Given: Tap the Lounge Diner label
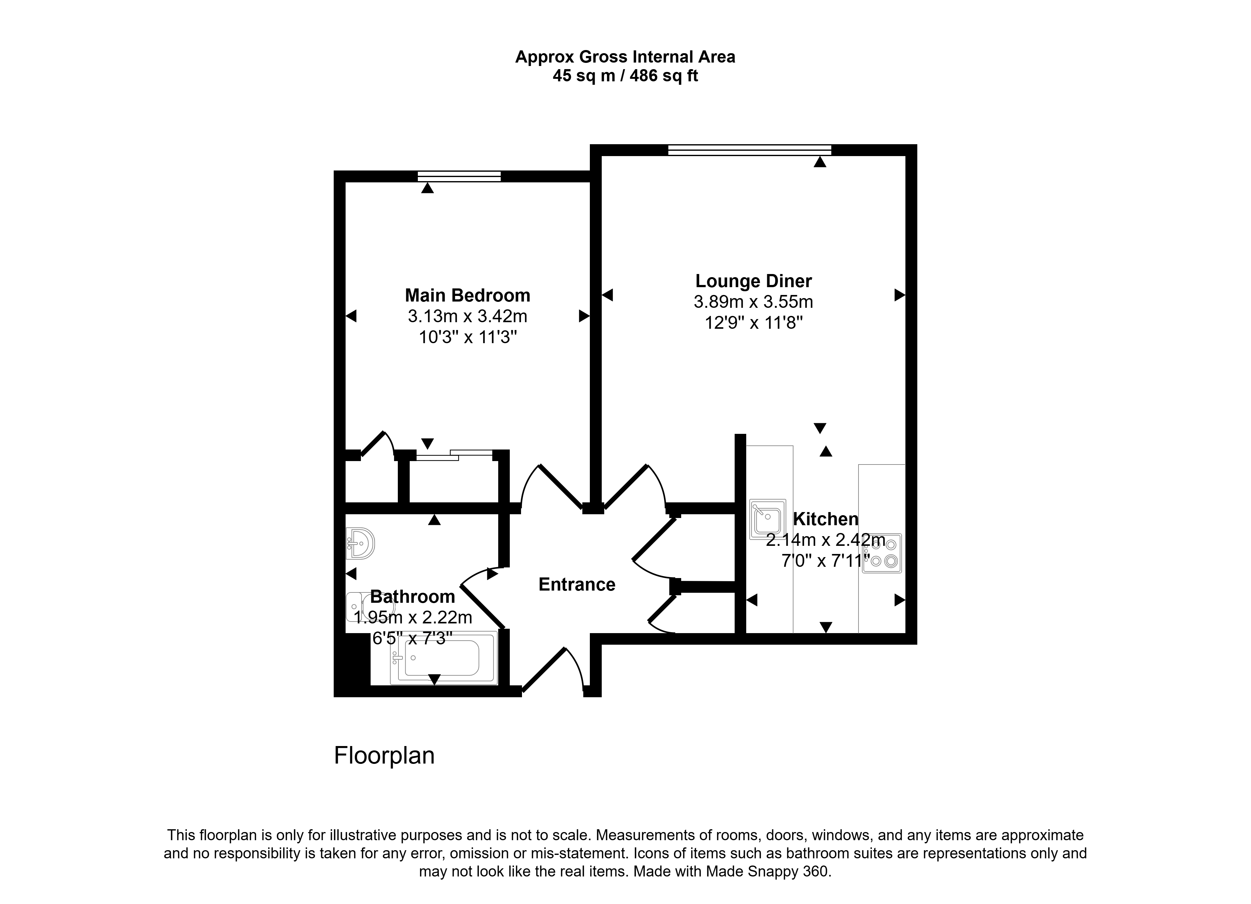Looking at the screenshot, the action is coord(753,281).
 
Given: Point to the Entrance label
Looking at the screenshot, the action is coord(577,585).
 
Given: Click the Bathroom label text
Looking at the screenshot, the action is coord(413,597).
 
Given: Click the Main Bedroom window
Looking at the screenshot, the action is coord(459,176).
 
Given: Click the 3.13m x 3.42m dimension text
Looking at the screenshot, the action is coord(468,317).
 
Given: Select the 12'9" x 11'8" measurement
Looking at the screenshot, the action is coord(753,323).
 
